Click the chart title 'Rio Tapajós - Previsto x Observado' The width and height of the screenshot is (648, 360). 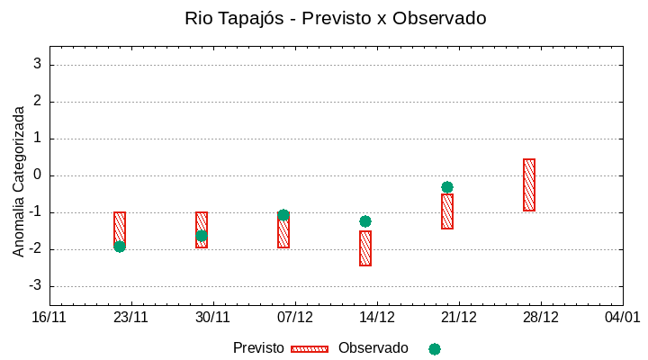click(335, 18)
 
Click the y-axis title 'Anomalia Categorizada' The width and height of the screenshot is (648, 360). click(19, 181)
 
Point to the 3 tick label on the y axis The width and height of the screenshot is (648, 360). click(38, 64)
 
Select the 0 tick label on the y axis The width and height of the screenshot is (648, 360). click(38, 175)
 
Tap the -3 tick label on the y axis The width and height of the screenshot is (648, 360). click(34, 286)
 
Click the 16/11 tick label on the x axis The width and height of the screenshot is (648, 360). click(49, 318)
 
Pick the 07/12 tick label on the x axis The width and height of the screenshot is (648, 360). click(294, 318)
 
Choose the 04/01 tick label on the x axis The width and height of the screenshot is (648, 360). click(622, 318)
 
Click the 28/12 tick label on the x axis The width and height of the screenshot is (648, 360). click(540, 318)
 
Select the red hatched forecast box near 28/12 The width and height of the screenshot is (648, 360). click(529, 184)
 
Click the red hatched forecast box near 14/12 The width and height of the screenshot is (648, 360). click(365, 248)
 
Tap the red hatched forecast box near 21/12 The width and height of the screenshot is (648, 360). click(447, 211)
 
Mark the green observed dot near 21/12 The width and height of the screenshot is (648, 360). click(447, 187)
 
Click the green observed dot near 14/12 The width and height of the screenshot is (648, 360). click(365, 221)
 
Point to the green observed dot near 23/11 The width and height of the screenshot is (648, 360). click(120, 247)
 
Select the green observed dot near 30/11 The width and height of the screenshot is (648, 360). click(202, 236)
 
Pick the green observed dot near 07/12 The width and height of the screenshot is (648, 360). click(283, 215)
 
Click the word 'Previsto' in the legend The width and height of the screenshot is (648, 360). click(258, 348)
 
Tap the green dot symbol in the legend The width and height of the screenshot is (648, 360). click(435, 348)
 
